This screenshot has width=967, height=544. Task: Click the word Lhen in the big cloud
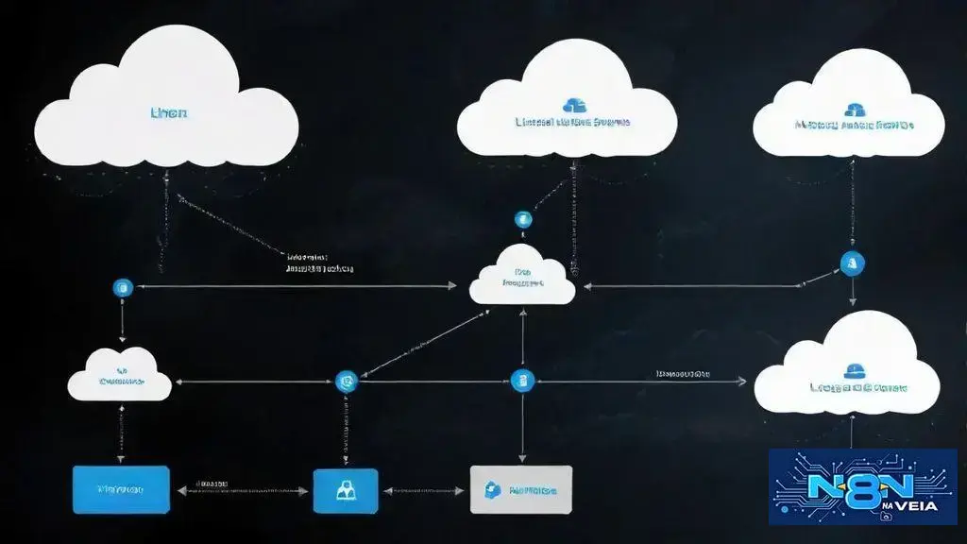pyautogui.click(x=169, y=112)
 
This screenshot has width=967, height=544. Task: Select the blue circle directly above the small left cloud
pyautogui.click(x=120, y=287)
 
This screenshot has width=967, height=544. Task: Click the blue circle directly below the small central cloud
pyautogui.click(x=522, y=381)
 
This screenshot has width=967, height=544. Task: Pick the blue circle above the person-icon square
pyautogui.click(x=347, y=382)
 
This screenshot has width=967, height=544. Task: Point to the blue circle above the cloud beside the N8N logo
pyautogui.click(x=852, y=263)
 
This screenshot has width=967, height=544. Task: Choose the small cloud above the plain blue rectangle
pyautogui.click(x=120, y=376)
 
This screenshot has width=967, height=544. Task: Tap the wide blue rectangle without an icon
pyautogui.click(x=121, y=490)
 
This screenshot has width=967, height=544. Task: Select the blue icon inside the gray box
pyautogui.click(x=491, y=489)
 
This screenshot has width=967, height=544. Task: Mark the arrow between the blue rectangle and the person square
pyautogui.click(x=241, y=491)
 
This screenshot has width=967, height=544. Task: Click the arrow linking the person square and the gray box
pyautogui.click(x=424, y=491)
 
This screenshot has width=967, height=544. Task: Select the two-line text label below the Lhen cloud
pyautogui.click(x=319, y=262)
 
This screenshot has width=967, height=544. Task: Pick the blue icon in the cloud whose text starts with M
pyautogui.click(x=856, y=110)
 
